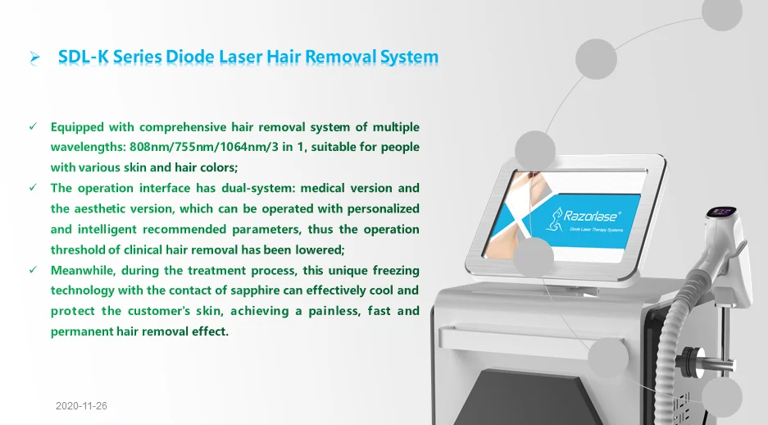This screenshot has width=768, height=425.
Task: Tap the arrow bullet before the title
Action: tap(35, 57)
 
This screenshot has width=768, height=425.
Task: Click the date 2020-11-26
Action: tap(83, 406)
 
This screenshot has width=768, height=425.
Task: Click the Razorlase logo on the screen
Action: tap(590, 217)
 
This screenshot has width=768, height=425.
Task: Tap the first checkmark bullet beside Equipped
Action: tap(33, 127)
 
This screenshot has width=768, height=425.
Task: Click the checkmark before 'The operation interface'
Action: tap(33, 188)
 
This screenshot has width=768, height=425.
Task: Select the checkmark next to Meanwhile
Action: tap(33, 270)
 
